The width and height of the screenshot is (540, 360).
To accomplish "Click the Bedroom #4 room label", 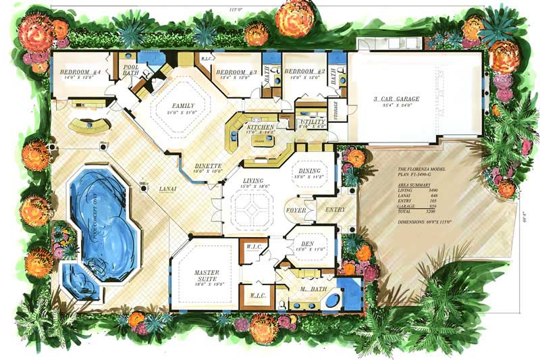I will tap(80, 72).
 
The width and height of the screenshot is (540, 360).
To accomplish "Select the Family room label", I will tap(182, 106).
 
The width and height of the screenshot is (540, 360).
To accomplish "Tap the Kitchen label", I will tap(260, 127).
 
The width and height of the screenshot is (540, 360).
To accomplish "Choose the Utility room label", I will tap(313, 121).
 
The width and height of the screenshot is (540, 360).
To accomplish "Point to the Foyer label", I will tap(296, 209).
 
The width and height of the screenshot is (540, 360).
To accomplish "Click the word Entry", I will tap(335, 209).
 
